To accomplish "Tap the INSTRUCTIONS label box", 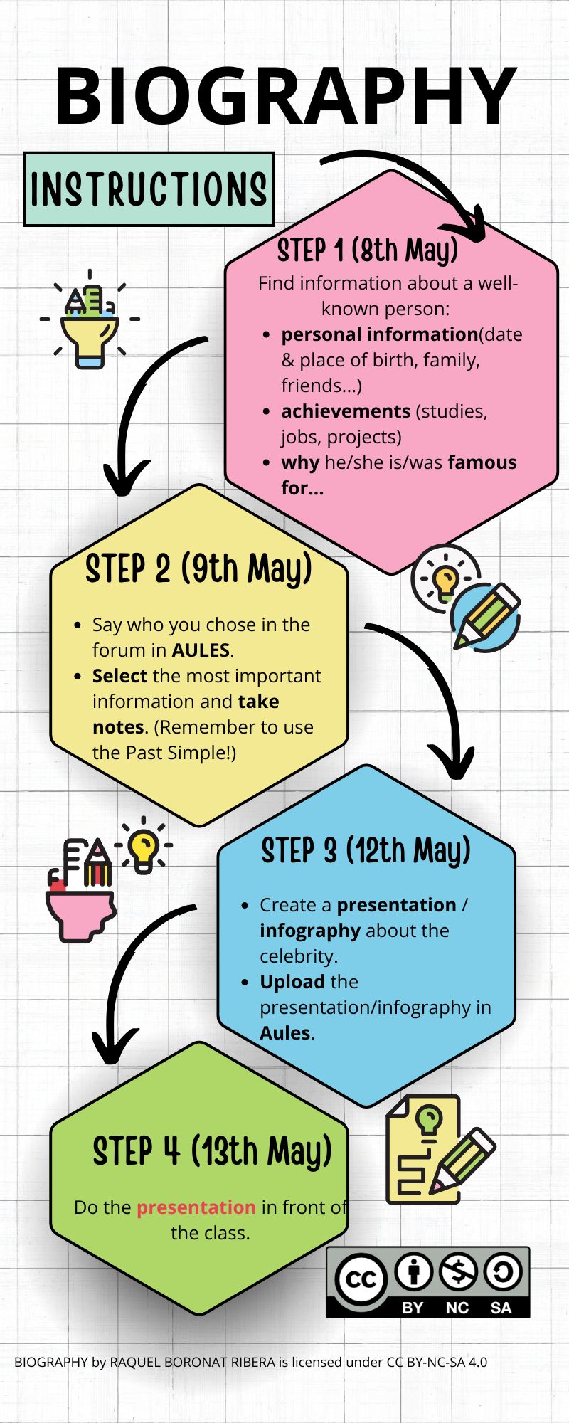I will coord(149,189).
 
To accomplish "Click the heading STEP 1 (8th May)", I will coord(367,251).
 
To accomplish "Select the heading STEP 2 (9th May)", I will coord(198,569).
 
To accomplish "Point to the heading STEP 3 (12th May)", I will coord(366,850).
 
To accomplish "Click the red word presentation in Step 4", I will coord(196,1207).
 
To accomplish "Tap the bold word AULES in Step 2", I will coord(201,650).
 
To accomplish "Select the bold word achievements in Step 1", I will coord(346,411).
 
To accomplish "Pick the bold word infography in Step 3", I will coord(310,931).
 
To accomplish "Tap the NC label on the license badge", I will coord(457,1308).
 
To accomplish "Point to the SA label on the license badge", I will coord(501,1308).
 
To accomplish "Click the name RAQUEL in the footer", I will coord(134,1362).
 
